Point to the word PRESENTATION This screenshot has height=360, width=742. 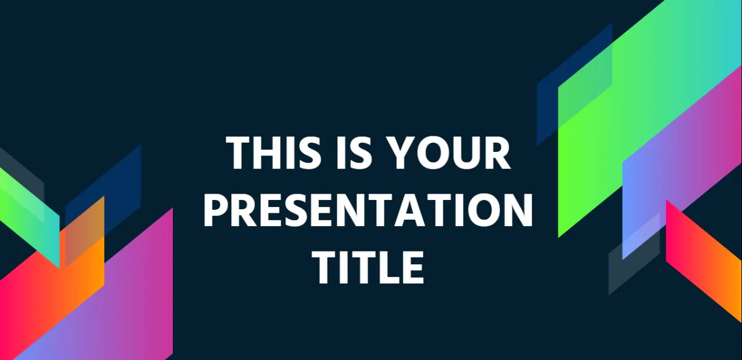pos(368,210)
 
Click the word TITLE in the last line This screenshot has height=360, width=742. pos(368,267)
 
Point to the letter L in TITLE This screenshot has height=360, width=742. pos(385,267)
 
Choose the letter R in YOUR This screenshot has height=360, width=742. pos(497,154)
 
